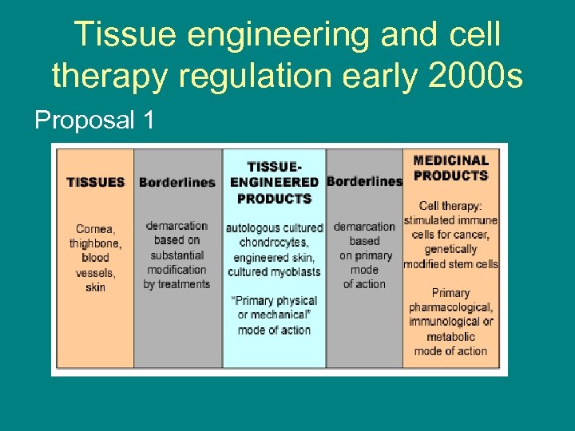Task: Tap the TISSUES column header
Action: (x=96, y=182)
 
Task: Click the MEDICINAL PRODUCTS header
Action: (x=450, y=168)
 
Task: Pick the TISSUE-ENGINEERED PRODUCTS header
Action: (x=274, y=182)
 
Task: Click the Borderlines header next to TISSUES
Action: (x=176, y=182)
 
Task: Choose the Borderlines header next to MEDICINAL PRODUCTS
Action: (x=364, y=181)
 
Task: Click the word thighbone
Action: (x=95, y=243)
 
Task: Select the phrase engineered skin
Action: (x=274, y=257)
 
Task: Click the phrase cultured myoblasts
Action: (x=274, y=271)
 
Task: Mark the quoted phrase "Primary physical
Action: (x=274, y=301)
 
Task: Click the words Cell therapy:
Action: (x=450, y=206)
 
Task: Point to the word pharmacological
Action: (x=450, y=307)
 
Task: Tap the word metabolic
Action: (x=450, y=336)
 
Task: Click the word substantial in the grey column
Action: (x=176, y=255)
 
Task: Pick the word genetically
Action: (x=450, y=249)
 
